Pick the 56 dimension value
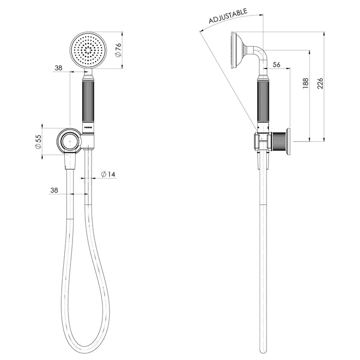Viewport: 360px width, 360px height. click(276, 64)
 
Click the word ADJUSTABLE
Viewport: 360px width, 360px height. click(228, 17)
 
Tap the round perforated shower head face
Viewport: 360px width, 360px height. click(88, 50)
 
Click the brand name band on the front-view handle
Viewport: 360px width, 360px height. click(88, 127)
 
